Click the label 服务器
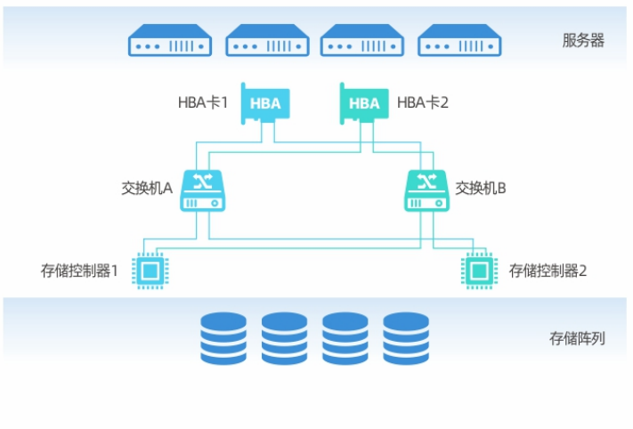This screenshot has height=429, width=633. (x=583, y=41)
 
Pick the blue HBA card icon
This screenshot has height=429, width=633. (x=264, y=103)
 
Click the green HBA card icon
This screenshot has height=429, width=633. (x=363, y=103)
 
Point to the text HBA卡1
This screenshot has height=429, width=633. (x=203, y=103)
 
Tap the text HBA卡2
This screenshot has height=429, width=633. (x=422, y=103)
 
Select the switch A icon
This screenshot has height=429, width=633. (x=204, y=190)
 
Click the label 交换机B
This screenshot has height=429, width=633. (x=481, y=189)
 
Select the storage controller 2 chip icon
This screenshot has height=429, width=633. (x=478, y=270)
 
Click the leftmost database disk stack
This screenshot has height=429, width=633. (x=223, y=338)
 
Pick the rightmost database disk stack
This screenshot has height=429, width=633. (x=406, y=338)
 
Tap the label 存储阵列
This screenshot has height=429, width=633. (x=577, y=339)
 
